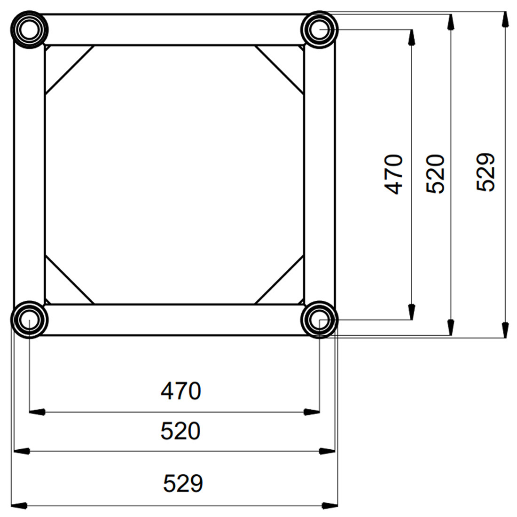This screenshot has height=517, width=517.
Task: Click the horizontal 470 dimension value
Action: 180,391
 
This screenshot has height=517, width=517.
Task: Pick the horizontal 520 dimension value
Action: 180,431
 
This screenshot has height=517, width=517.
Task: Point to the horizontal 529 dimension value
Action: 183,483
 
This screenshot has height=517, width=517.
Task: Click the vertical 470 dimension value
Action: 394,174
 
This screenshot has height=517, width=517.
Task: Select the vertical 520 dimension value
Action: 435,174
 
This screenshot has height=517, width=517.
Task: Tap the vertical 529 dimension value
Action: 486,172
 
